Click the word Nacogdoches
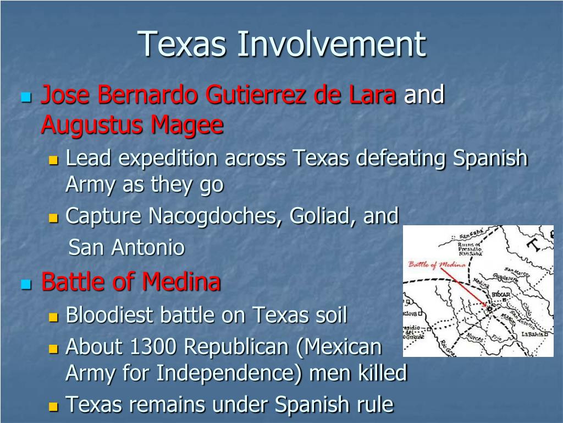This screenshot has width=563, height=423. point(212,216)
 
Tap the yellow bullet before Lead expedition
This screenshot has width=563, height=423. point(53,161)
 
